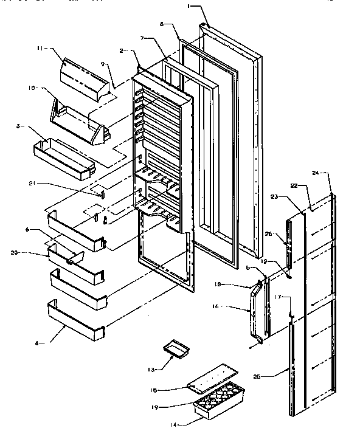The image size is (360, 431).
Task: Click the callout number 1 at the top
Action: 189,6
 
